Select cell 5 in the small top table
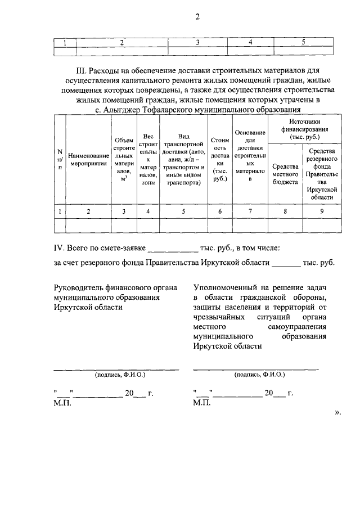click(x=303, y=42)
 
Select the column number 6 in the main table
click(x=220, y=211)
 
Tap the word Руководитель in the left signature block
click(x=76, y=287)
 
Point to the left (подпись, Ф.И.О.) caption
click(x=116, y=374)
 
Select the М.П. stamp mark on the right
click(x=201, y=403)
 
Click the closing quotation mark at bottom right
click(x=337, y=412)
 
